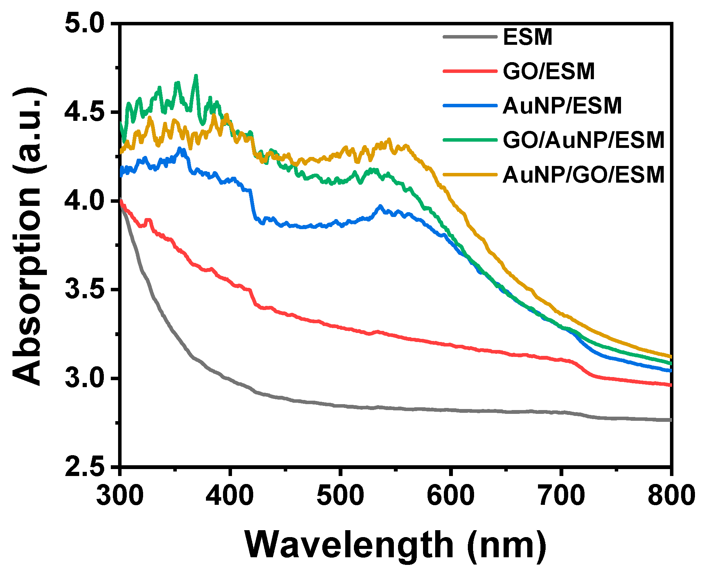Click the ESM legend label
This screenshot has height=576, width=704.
(x=527, y=37)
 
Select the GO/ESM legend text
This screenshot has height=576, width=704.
(x=549, y=72)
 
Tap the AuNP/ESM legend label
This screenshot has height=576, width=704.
(x=562, y=106)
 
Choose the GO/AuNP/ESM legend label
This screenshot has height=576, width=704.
(x=583, y=140)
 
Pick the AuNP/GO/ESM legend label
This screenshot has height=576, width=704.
(x=583, y=175)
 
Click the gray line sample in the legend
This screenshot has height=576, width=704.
(x=470, y=37)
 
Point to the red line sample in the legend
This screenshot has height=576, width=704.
(x=470, y=71)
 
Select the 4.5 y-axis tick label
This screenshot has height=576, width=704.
(x=84, y=112)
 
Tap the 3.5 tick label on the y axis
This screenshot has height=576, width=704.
(x=84, y=289)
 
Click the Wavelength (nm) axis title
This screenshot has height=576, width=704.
(x=395, y=545)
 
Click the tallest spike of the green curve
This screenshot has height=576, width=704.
(x=196, y=76)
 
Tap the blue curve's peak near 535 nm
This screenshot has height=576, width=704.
(x=380, y=206)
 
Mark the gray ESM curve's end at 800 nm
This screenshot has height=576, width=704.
(x=670, y=420)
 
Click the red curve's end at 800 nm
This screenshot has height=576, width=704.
(x=670, y=385)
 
